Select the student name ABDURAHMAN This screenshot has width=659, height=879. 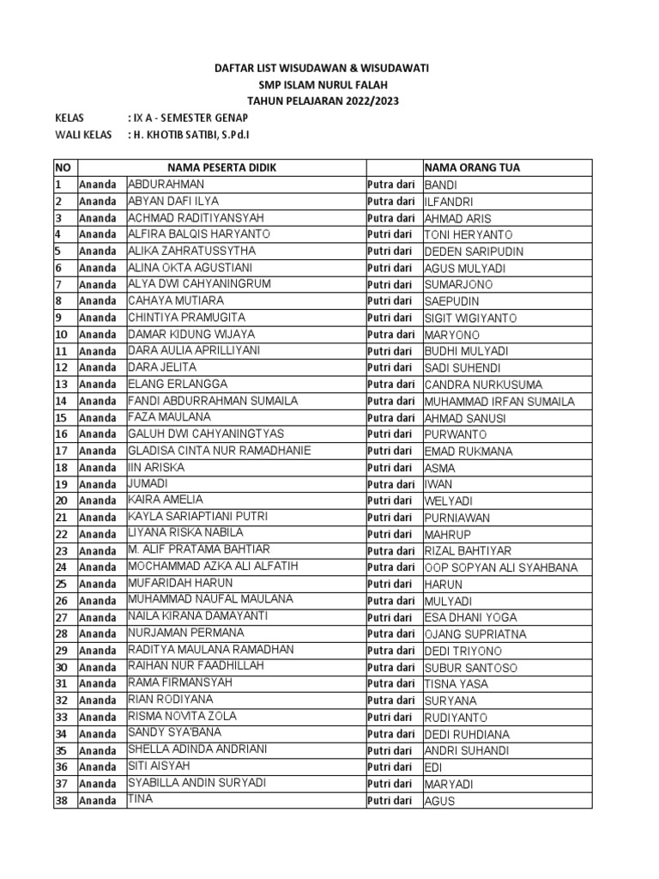click(166, 185)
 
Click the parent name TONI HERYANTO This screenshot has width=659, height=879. click(469, 234)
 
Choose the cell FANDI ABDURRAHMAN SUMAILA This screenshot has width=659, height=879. click(213, 401)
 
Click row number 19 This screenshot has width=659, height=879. click(62, 484)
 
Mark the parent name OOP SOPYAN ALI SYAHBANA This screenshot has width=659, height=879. click(501, 567)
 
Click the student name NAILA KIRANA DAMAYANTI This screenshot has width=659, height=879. click(197, 616)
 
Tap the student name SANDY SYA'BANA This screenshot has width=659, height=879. click(174, 733)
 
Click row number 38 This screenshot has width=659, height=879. click(62, 801)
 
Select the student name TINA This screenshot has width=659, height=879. click(140, 800)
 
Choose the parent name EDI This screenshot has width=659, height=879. click(434, 767)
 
